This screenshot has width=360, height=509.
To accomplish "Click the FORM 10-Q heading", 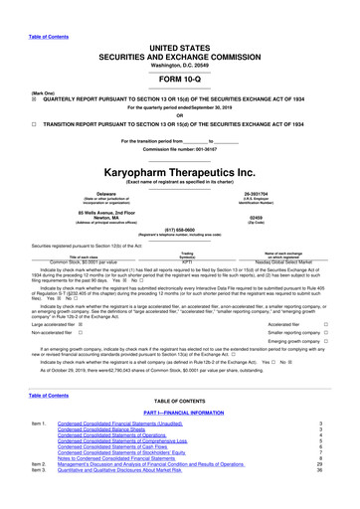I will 179,53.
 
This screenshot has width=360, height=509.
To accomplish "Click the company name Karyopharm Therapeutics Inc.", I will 179,172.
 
